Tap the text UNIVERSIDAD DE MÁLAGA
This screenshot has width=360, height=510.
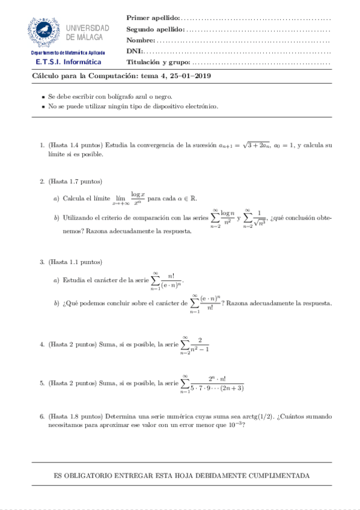(x=88, y=32)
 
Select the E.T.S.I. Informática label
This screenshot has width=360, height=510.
(x=68, y=62)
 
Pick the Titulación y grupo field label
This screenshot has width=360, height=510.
(x=158, y=62)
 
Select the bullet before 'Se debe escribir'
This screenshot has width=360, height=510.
(x=43, y=97)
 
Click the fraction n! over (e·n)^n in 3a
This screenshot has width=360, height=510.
(x=172, y=280)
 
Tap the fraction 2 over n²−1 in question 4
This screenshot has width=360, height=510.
(x=200, y=345)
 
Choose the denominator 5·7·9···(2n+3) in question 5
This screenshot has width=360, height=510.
(x=216, y=388)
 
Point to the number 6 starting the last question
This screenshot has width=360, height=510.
(x=41, y=416)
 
